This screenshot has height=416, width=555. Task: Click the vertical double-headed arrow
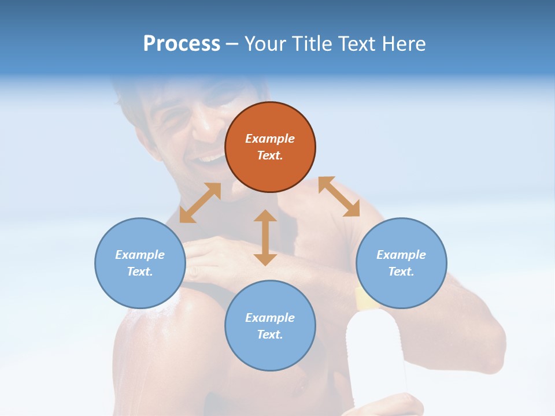[x=265, y=237]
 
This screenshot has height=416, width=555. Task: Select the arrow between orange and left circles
[x=200, y=203]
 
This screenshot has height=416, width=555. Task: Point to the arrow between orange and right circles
[x=339, y=196]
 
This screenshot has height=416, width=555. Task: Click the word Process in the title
[x=182, y=43]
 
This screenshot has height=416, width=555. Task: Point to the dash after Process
[x=232, y=44]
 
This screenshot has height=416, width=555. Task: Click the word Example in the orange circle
[x=270, y=139]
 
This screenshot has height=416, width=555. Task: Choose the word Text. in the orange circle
[x=270, y=155]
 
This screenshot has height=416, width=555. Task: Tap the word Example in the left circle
[x=140, y=255]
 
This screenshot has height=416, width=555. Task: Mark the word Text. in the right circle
[x=401, y=272]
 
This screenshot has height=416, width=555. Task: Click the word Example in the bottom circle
[x=270, y=318]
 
